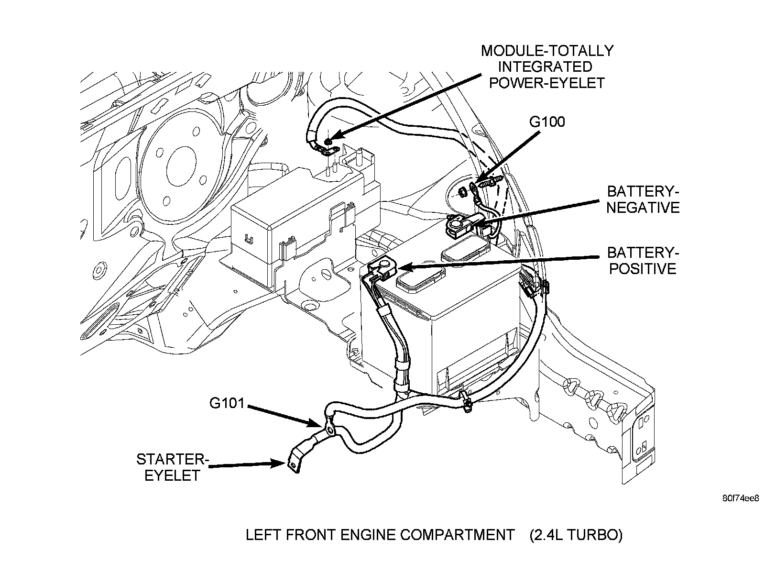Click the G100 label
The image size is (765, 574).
[547, 121]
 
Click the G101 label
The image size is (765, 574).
[227, 403]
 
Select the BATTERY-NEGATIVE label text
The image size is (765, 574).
[643, 199]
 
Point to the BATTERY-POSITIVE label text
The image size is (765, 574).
[643, 261]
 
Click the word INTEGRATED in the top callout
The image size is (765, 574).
[546, 66]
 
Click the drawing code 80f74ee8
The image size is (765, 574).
[741, 498]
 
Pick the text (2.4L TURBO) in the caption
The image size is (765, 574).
[576, 535]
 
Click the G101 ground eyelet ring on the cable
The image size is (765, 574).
[329, 430]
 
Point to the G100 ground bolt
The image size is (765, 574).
[489, 183]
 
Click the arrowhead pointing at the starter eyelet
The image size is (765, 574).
[278, 464]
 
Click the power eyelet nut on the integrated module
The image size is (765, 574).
[328, 142]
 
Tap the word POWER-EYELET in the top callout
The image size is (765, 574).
[547, 83]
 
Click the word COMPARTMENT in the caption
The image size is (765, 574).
[457, 535]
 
